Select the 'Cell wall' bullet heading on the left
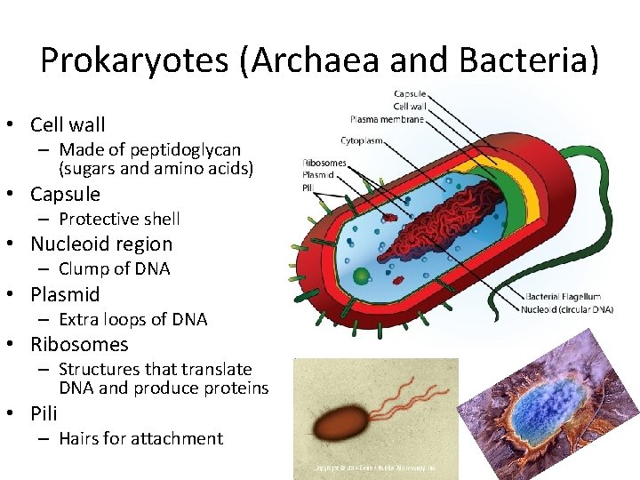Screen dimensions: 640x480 pyautogui.click(x=68, y=124)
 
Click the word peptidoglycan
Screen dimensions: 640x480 pyautogui.click(x=183, y=150)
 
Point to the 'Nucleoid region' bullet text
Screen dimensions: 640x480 pyautogui.click(x=101, y=244)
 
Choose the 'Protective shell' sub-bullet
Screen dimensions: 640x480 pyautogui.click(x=119, y=219)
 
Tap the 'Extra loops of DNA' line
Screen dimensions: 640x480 pyautogui.click(x=132, y=319)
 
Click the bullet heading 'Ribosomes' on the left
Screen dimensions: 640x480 pyautogui.click(x=79, y=344)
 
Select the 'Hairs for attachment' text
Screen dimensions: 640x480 pyautogui.click(x=140, y=438)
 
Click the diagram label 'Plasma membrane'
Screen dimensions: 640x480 pyautogui.click(x=387, y=119)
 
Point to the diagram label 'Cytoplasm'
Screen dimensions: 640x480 pyautogui.click(x=361, y=140)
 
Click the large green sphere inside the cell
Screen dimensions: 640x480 pyautogui.click(x=361, y=276)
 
